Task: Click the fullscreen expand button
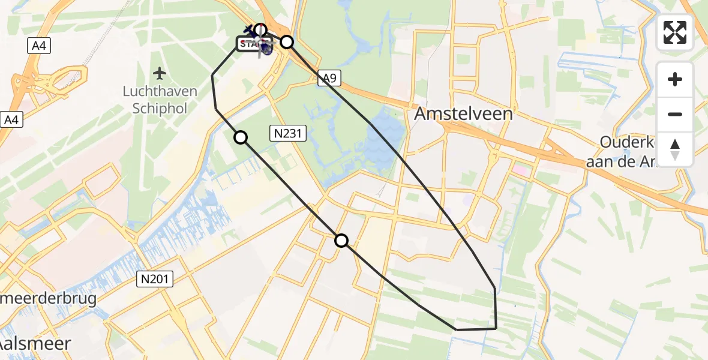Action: click(675, 32)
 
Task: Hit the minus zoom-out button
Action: click(675, 114)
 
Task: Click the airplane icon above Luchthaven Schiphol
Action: click(159, 74)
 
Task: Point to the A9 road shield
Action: click(328, 78)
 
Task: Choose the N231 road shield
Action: click(289, 134)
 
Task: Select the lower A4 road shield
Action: click(10, 119)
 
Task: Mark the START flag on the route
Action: click(253, 44)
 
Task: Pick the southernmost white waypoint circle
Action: click(341, 241)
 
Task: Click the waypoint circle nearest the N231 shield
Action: click(241, 137)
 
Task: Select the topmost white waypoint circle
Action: click(260, 29)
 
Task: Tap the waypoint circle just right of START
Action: click(287, 41)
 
